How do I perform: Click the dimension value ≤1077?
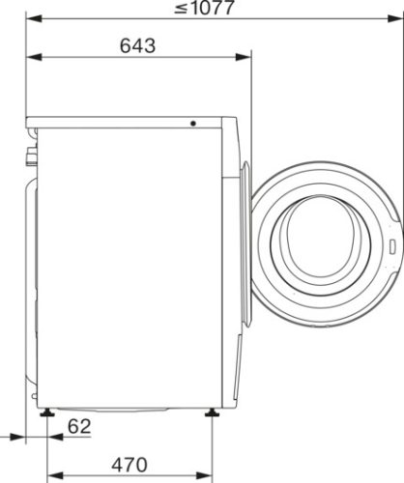point(208,9)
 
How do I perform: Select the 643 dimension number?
point(139,45)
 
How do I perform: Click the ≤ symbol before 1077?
point(182,10)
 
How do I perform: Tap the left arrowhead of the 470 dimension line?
point(50,474)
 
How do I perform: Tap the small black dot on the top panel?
point(192,124)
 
